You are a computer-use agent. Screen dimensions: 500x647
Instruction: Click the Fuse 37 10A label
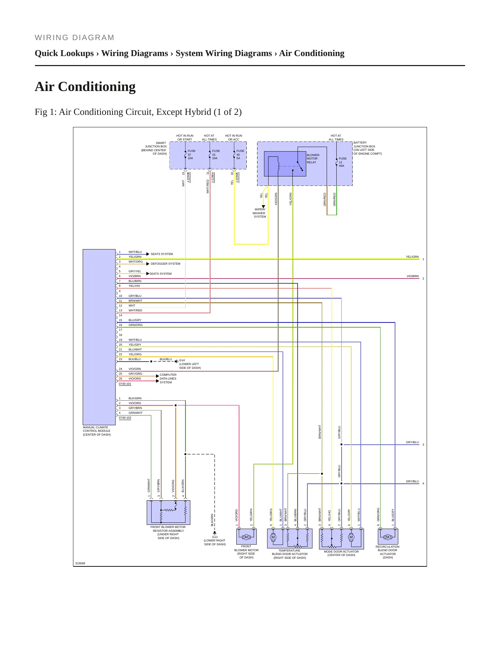[191, 155]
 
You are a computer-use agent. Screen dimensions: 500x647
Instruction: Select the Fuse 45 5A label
[240, 155]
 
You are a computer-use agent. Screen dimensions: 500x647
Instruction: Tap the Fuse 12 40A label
[343, 162]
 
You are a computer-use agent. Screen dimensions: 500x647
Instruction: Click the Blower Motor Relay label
[313, 158]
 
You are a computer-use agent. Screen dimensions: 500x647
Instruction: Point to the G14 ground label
[190, 364]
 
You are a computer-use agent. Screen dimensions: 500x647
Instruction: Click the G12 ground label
[215, 540]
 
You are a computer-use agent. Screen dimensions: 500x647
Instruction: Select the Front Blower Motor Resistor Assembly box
[169, 512]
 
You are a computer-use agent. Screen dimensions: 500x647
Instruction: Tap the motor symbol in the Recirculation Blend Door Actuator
[388, 537]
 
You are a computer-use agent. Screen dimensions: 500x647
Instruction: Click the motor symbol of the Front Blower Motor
[246, 537]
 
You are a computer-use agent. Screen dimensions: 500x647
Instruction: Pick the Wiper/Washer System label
[259, 213]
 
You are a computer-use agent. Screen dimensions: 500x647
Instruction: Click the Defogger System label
[165, 264]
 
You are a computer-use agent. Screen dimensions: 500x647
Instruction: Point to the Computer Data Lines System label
[168, 379]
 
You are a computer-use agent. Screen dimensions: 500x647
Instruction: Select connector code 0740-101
[125, 384]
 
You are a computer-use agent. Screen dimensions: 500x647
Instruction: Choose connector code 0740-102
[125, 418]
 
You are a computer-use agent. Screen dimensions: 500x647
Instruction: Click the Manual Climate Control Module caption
[97, 431]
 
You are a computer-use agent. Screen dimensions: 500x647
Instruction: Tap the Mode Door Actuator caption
[341, 553]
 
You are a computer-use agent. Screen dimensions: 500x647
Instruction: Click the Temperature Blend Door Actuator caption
[290, 554]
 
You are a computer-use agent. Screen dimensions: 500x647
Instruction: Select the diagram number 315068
[80, 563]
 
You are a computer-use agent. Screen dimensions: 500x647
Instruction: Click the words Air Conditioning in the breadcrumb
[312, 53]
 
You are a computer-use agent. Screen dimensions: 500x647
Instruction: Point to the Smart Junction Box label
[154, 148]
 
